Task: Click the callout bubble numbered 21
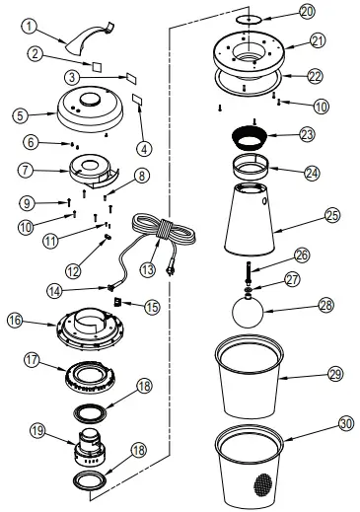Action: [317, 40]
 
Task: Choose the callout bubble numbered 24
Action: [312, 171]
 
